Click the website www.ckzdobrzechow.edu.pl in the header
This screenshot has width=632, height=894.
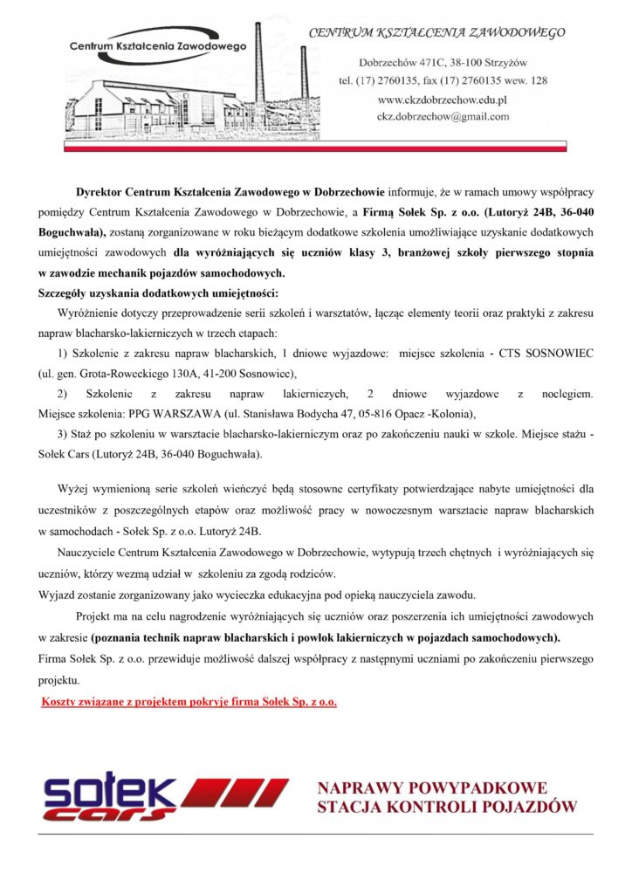pos(442,100)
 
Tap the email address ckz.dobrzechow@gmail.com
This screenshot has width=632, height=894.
pos(443,116)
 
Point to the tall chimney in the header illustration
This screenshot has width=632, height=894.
pos(259,70)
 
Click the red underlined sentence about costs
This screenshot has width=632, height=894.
pos(189,702)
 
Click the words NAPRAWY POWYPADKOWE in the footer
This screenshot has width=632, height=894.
pos(432,787)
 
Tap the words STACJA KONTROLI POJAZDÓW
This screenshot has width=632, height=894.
pos(447,807)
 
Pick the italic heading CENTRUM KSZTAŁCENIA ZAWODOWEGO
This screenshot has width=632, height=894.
pos(436,33)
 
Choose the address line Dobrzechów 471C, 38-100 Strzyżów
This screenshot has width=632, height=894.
pos(442,63)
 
